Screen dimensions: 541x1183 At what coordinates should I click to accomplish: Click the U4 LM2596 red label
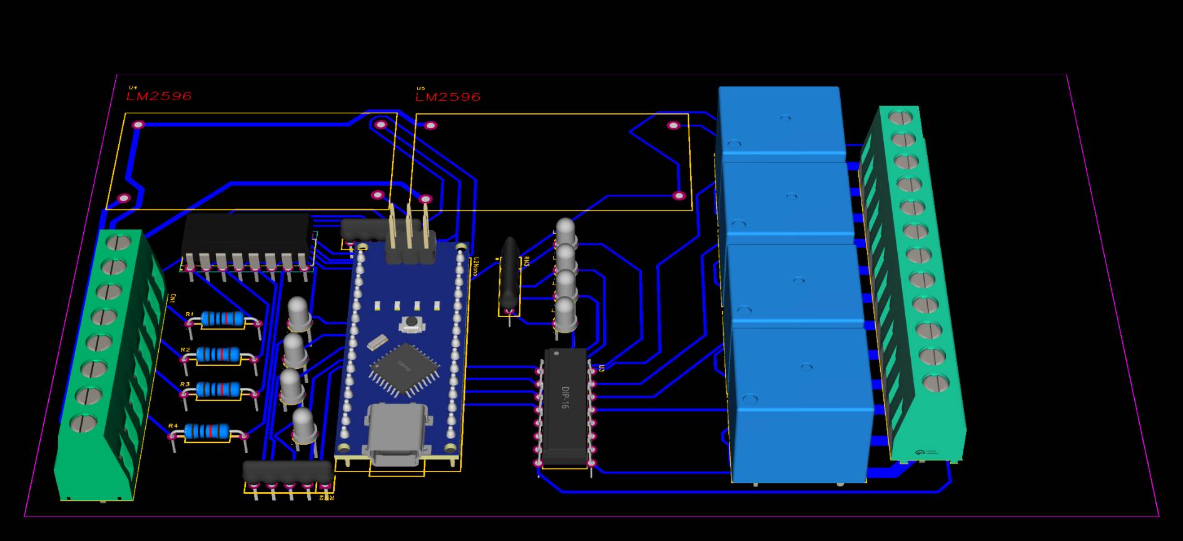click(x=159, y=96)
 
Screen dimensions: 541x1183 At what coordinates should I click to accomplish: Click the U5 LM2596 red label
click(x=448, y=97)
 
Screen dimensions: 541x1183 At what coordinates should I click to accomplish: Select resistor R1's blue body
click(x=223, y=319)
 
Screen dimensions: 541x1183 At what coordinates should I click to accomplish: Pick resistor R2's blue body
click(x=218, y=355)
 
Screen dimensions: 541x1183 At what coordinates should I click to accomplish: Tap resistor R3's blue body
click(x=218, y=390)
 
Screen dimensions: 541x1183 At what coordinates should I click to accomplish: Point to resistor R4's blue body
click(x=206, y=431)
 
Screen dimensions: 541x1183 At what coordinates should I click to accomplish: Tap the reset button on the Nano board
click(x=411, y=323)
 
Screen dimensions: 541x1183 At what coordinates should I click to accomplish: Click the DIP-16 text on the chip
click(x=565, y=397)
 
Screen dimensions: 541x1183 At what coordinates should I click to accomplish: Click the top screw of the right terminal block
click(x=900, y=116)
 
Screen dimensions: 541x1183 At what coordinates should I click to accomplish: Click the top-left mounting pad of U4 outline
click(x=138, y=125)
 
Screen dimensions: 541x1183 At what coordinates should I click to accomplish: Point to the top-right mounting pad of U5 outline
click(x=673, y=126)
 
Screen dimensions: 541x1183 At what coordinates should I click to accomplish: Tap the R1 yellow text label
click(x=189, y=314)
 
